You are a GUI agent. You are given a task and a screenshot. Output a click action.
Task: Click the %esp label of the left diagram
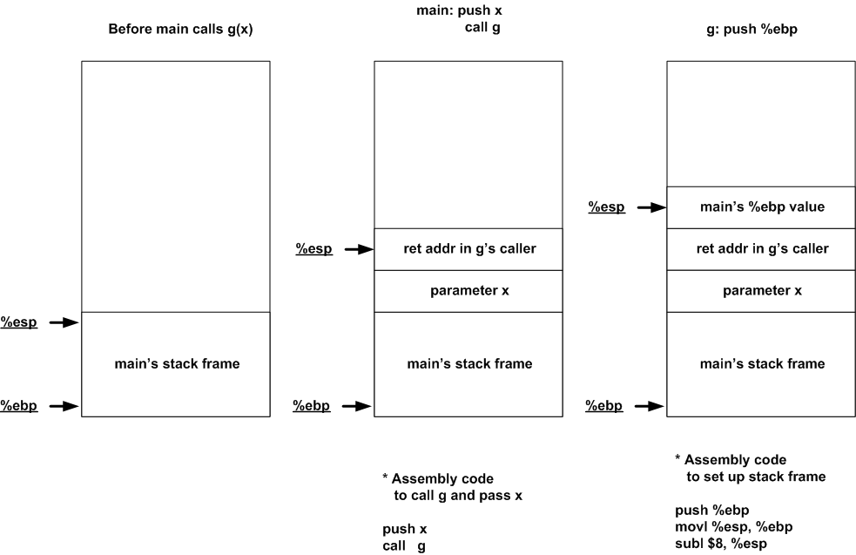[x=18, y=321]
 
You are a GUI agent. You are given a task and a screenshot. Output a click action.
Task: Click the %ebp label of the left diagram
[x=18, y=405]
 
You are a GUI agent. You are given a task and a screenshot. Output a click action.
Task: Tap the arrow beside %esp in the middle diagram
[x=358, y=249]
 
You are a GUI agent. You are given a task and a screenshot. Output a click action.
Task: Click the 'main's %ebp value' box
[x=762, y=207]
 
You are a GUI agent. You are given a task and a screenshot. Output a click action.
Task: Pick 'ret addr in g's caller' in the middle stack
[x=469, y=249]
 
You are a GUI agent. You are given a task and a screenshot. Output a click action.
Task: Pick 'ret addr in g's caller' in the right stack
[x=762, y=249]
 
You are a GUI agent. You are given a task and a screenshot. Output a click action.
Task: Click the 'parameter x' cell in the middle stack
[x=469, y=290]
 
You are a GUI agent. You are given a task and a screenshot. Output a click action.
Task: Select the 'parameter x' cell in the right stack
[x=762, y=290]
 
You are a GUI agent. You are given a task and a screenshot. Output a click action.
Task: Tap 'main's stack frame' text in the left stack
[x=177, y=363]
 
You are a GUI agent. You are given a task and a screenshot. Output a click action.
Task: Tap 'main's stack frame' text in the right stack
[x=762, y=363]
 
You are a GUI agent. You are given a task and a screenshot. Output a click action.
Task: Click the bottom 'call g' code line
[x=404, y=545]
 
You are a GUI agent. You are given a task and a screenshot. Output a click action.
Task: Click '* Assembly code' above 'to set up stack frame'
[x=730, y=459]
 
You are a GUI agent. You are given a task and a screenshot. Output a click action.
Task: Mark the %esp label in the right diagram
[x=606, y=207]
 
